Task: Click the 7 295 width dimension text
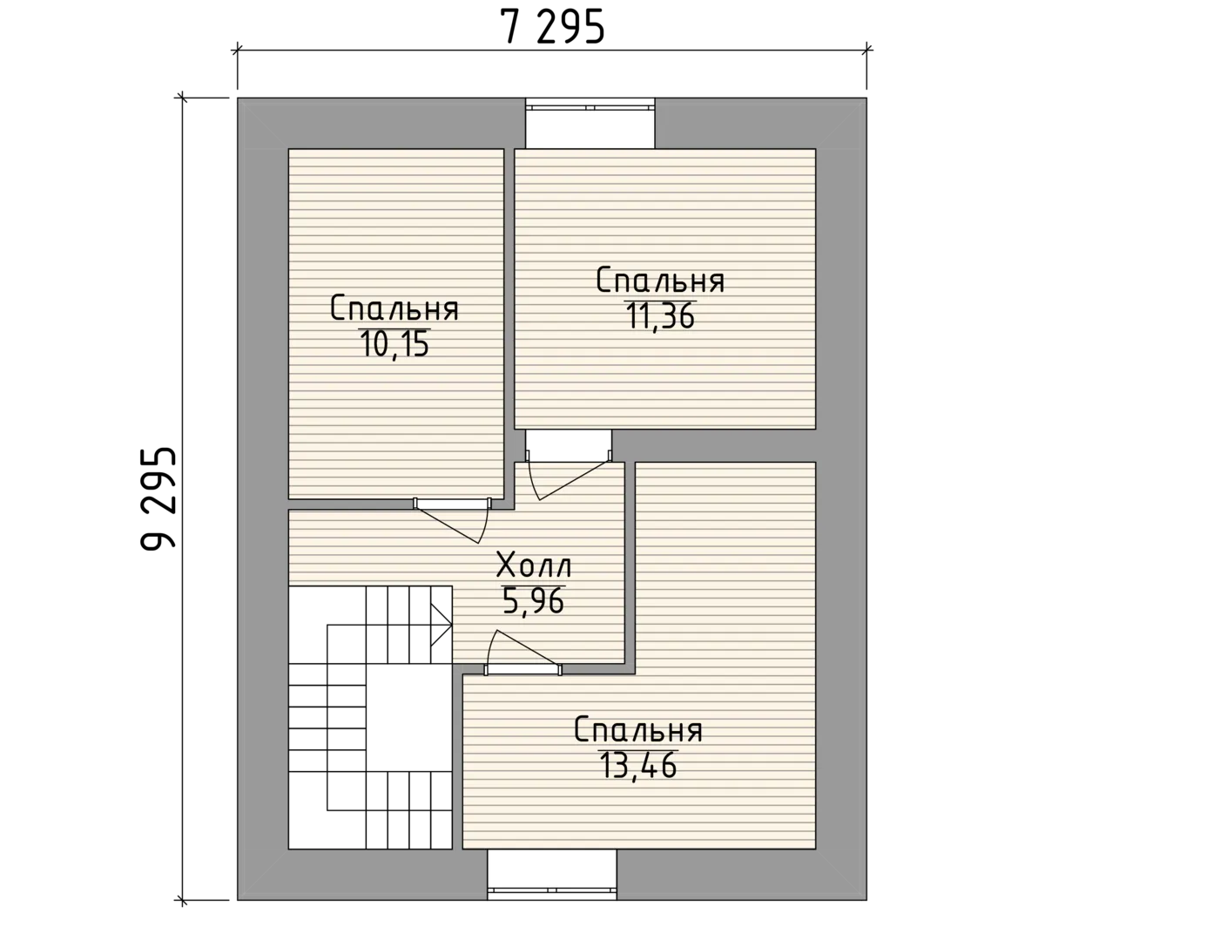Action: click(553, 26)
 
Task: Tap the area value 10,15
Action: click(394, 344)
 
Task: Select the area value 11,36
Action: click(660, 315)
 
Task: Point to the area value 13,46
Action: click(638, 766)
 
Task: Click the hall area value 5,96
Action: click(533, 601)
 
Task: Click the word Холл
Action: click(534, 565)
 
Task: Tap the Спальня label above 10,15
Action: click(394, 308)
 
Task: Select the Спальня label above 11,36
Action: click(660, 281)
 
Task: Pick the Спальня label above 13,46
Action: click(638, 730)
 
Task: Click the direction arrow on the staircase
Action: click(441, 626)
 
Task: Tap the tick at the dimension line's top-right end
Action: click(866, 49)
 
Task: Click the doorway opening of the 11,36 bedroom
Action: click(568, 445)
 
